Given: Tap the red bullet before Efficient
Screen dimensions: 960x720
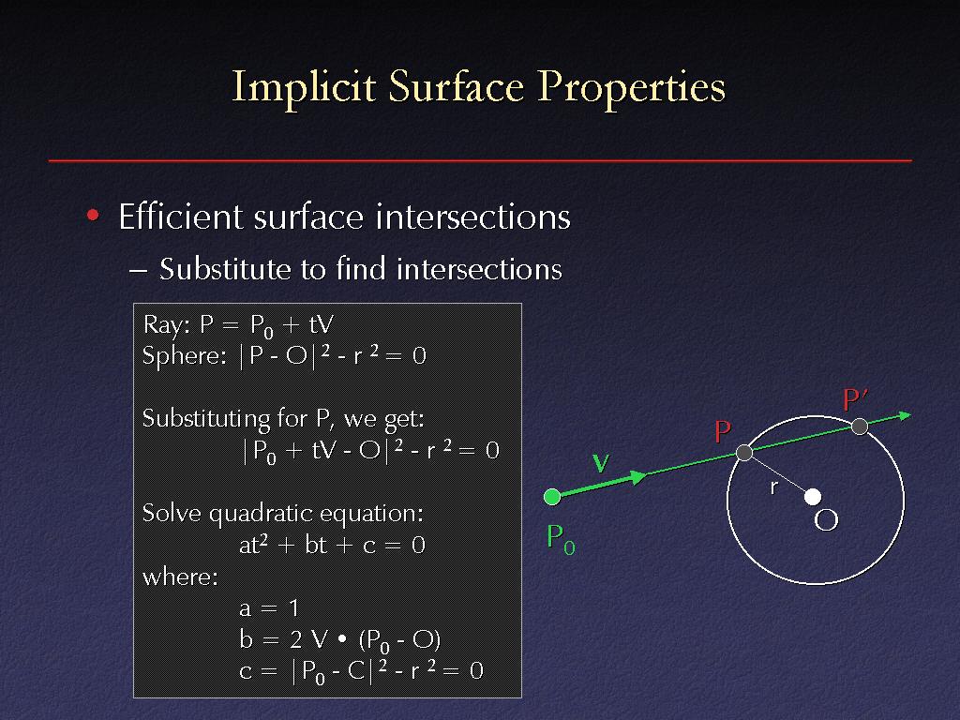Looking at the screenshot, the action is pos(93,215).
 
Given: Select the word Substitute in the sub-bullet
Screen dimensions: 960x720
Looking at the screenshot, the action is pos(224,269).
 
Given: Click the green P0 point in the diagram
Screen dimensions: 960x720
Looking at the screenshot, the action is pos(552,497).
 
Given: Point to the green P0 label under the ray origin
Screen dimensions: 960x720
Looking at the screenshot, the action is pos(561,539).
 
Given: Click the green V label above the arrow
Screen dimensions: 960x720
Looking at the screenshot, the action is pos(601,463).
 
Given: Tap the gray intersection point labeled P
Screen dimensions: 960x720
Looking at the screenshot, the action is pos(743,453).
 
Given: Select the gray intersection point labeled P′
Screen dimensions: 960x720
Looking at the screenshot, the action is pos(860,427).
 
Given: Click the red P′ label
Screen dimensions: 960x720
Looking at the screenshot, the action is pos(855,399).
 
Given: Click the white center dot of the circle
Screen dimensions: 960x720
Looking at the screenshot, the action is pos(813,497).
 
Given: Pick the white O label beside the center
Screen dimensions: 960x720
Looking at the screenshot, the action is pos(826,520).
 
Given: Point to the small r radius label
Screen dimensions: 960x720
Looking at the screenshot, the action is pos(773,487).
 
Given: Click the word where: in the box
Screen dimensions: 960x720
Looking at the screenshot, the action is pos(180,577).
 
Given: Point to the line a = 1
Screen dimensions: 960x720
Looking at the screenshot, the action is pos(269,607).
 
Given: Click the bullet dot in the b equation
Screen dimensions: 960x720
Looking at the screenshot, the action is pos(342,639).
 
